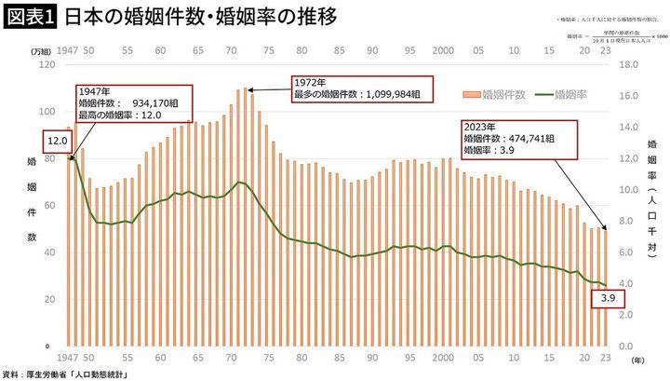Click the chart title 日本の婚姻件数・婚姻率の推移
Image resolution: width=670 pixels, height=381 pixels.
pyautogui.click(x=186, y=18)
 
